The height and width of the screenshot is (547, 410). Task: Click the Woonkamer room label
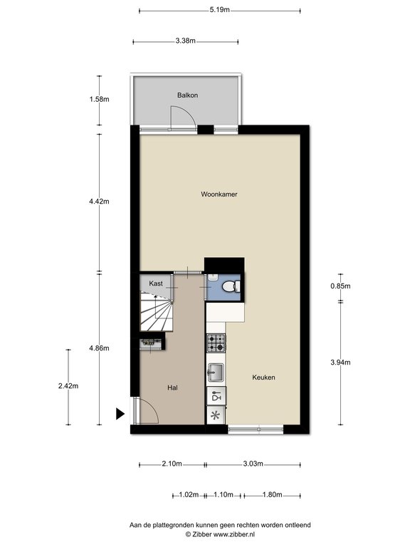click(219, 194)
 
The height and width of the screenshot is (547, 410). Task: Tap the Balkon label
click(188, 95)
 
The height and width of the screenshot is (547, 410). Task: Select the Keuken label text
click(263, 377)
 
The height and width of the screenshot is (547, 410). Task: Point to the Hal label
click(172, 388)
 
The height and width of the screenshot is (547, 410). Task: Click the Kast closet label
click(156, 283)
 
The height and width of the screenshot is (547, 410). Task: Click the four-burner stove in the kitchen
click(216, 343)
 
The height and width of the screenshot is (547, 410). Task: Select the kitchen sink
click(216, 373)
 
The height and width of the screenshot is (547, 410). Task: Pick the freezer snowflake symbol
click(216, 415)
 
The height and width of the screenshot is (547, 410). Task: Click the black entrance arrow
click(120, 414)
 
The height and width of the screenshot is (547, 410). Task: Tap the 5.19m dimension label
click(220, 10)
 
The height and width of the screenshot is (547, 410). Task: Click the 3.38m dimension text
click(186, 41)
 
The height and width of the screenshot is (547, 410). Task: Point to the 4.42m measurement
click(100, 202)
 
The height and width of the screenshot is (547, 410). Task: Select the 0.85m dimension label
click(341, 286)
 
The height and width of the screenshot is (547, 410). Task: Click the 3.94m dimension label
click(341, 363)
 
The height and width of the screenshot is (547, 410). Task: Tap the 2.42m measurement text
click(68, 386)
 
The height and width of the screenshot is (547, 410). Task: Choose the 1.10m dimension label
click(224, 495)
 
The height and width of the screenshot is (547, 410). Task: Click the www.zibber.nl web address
click(234, 534)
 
